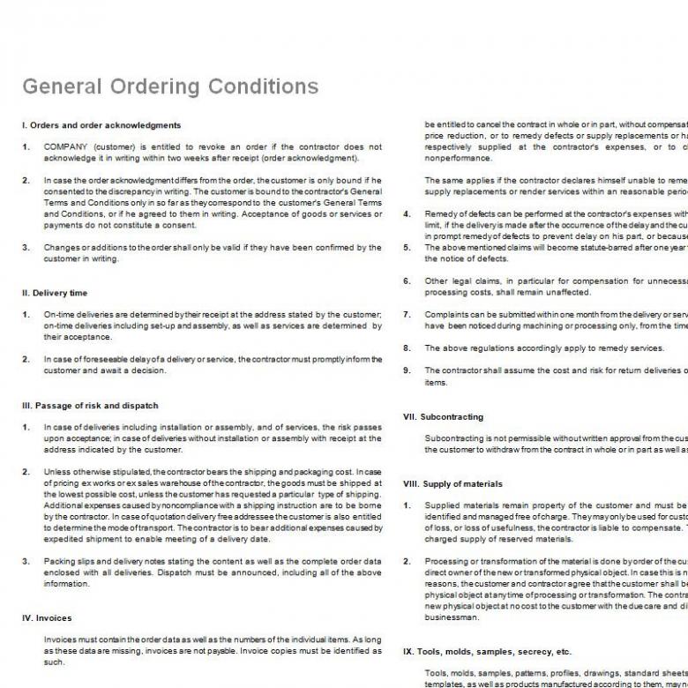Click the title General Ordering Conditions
click(x=170, y=86)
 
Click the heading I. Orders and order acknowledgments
click(x=101, y=125)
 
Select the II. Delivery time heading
click(x=55, y=293)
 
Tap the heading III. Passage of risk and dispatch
click(x=90, y=406)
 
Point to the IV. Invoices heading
click(x=47, y=617)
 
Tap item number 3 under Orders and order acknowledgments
click(x=26, y=248)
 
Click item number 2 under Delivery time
click(x=26, y=360)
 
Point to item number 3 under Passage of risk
click(x=26, y=561)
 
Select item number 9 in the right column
click(x=407, y=370)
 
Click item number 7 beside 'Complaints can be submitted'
click(x=407, y=315)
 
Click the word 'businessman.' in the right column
click(x=452, y=617)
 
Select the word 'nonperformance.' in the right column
click(x=459, y=159)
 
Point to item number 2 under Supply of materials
click(x=407, y=561)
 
